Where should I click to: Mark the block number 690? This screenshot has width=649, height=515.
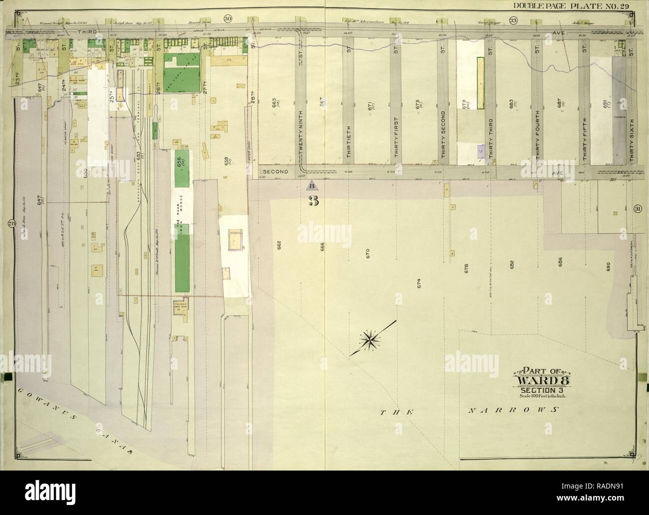coord(608,267)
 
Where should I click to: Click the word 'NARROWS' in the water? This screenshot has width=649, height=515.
coord(513,410)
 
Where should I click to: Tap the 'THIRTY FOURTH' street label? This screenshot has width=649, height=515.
coord(537,141)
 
